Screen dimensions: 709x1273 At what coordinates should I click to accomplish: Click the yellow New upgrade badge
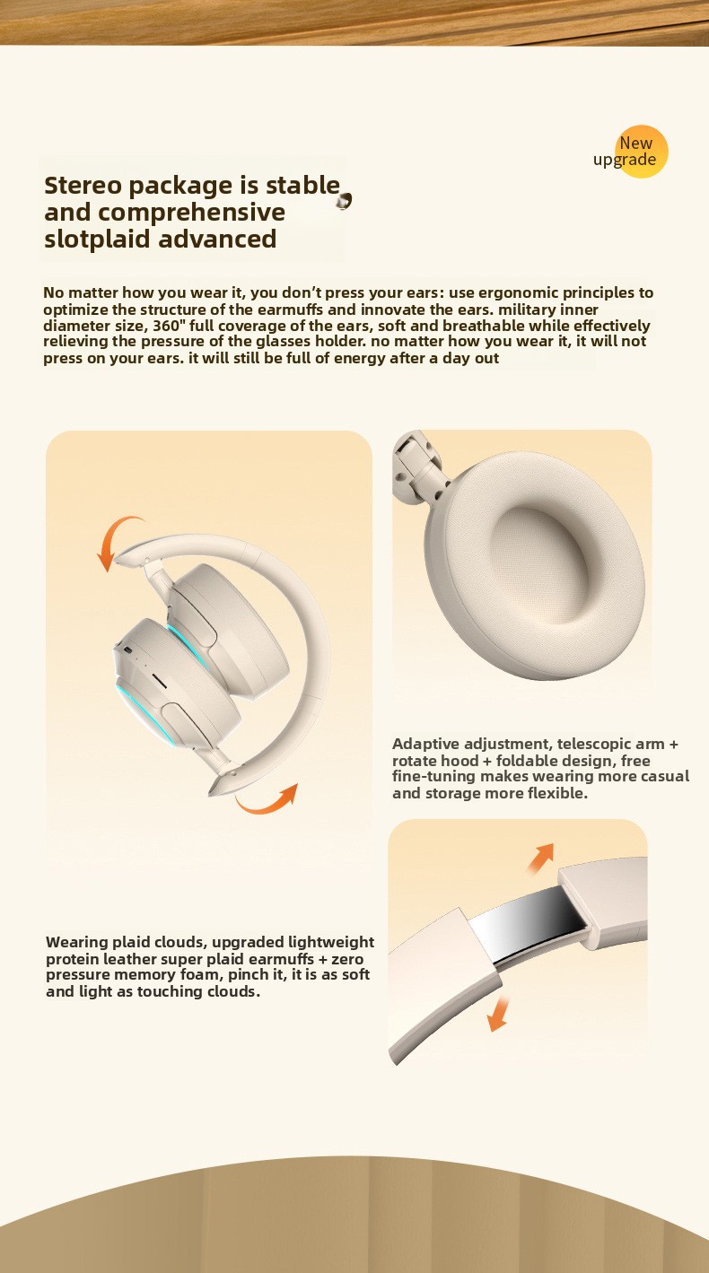[x=641, y=152]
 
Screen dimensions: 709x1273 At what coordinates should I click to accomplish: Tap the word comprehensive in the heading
[x=191, y=213]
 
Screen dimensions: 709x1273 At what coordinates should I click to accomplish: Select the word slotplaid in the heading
[x=97, y=240]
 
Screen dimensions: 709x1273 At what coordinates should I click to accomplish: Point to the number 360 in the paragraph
[x=166, y=326]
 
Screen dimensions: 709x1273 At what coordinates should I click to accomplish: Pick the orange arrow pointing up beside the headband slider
[x=540, y=858]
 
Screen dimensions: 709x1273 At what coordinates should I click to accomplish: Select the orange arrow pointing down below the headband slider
[x=498, y=1014]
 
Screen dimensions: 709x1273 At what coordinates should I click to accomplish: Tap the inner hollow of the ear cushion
[x=538, y=560]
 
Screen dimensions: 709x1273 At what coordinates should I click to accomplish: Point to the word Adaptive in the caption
[x=425, y=744]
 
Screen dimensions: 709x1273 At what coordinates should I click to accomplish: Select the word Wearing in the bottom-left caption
[x=77, y=942]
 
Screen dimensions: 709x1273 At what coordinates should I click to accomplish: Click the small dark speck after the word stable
[x=344, y=201]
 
